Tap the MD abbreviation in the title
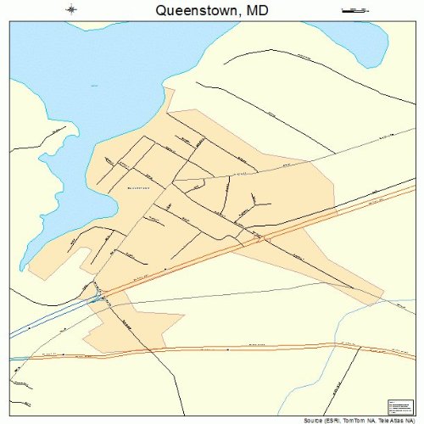click(x=259, y=10)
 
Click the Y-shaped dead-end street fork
click(x=257, y=201)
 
